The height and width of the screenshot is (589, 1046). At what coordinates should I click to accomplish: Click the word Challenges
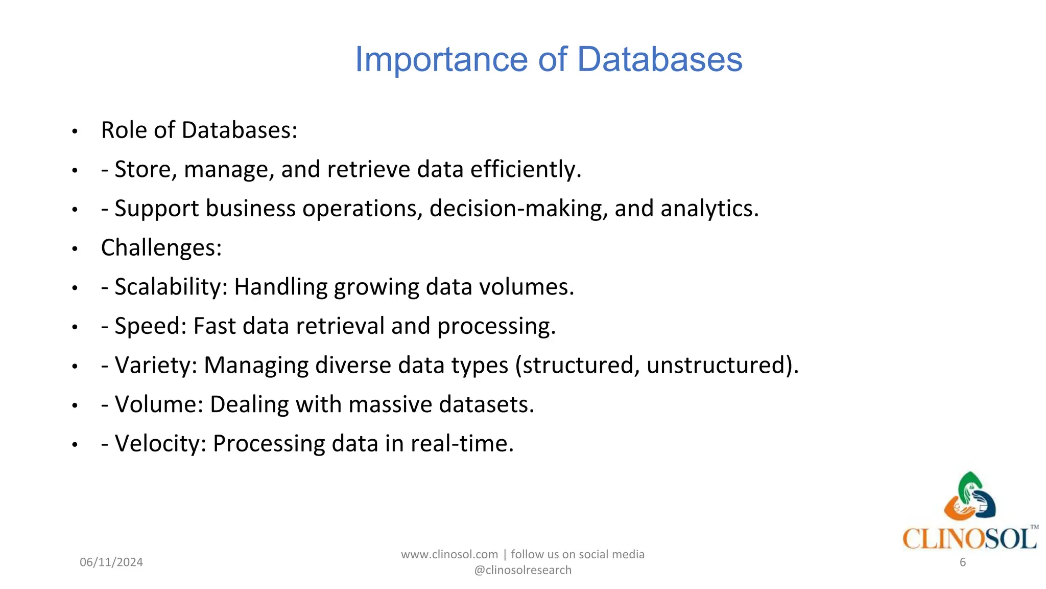pyautogui.click(x=161, y=248)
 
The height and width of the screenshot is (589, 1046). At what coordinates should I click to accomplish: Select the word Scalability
pyautogui.click(x=171, y=287)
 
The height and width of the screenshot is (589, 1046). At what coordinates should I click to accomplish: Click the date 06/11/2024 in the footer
pyautogui.click(x=111, y=562)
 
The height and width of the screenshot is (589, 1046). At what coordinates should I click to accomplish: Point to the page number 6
pyautogui.click(x=963, y=562)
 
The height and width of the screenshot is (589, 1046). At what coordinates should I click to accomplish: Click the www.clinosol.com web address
pyautogui.click(x=449, y=555)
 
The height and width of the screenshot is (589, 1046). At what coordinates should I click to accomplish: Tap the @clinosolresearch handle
pyautogui.click(x=522, y=570)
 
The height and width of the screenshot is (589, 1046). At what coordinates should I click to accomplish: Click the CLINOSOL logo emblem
pyautogui.click(x=969, y=496)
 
